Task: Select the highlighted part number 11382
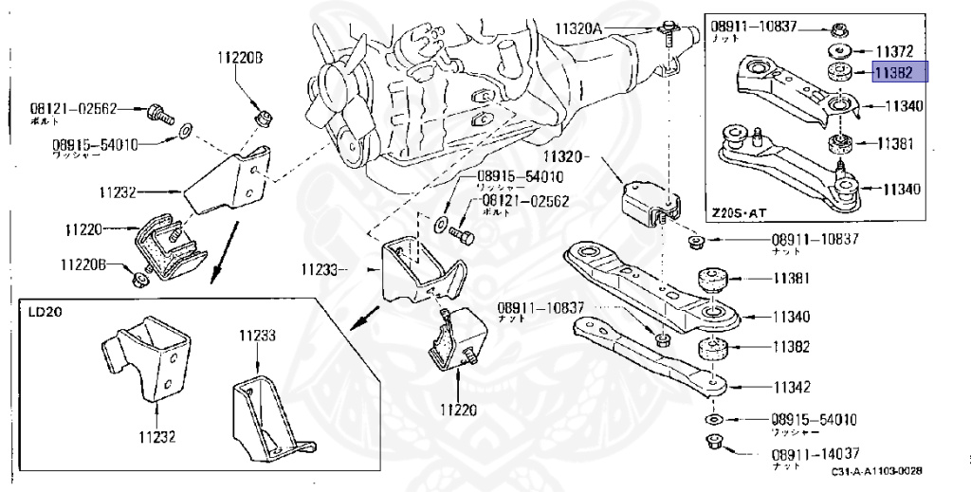[894, 72]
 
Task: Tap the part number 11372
[894, 49]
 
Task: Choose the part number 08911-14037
[815, 453]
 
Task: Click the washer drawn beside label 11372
[837, 50]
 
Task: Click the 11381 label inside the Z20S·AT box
[894, 144]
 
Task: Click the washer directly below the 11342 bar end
[712, 418]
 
